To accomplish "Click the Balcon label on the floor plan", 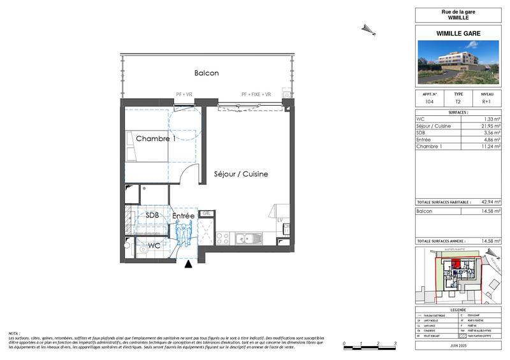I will [207, 73].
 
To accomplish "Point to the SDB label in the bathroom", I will [152, 215].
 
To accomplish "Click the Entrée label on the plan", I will [184, 216].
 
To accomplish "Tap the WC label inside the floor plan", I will [154, 245].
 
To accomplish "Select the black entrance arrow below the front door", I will [187, 264].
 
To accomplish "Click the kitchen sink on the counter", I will [245, 239].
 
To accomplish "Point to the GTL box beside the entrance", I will [207, 213].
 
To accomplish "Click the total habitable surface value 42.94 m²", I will [490, 201].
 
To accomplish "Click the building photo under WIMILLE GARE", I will [458, 62].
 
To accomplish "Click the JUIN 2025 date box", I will [458, 345].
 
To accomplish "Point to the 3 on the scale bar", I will [396, 343].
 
